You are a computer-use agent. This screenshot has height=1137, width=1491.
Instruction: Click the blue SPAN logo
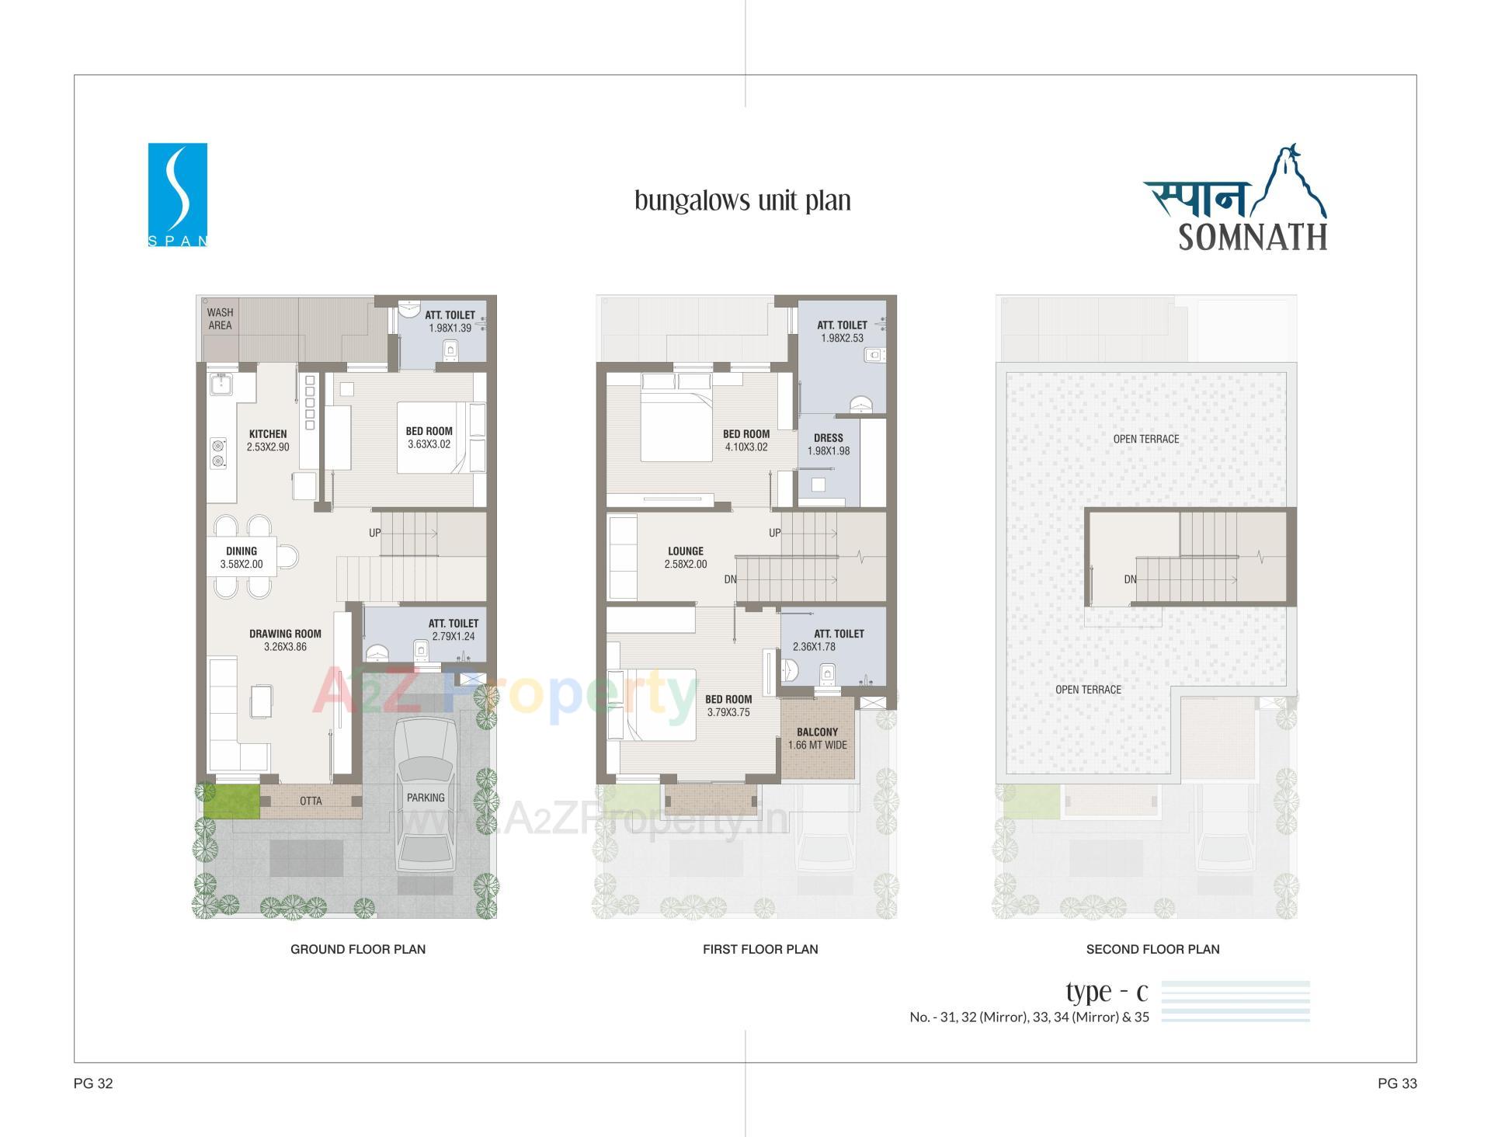pos(177,194)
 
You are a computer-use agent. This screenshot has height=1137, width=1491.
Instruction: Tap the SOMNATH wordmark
pos(1253,237)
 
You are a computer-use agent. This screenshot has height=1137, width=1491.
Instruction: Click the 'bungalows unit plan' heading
pos(742,200)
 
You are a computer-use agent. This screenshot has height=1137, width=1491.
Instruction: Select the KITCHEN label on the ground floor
pos(268,434)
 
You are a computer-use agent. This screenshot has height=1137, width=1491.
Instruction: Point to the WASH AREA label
pos(220,319)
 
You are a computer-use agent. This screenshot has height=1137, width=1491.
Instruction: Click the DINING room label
pos(242,551)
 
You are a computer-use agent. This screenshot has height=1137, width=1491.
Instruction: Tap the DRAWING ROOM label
pos(285,634)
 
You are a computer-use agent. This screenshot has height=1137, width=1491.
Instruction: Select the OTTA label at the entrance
pos(311,801)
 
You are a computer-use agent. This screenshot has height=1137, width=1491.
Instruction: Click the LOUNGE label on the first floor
pos(686,551)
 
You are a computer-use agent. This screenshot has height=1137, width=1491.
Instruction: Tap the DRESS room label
pos(829,438)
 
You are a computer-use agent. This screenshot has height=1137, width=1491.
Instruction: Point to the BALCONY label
pos(817,732)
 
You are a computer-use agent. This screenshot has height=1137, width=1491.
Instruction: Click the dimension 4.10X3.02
pos(745,447)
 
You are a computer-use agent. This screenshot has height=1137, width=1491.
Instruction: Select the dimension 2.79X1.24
pos(454,636)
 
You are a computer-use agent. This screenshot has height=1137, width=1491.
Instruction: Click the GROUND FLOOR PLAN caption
pos(358,949)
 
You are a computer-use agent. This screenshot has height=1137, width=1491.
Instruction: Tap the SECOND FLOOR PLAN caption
pos(1152,949)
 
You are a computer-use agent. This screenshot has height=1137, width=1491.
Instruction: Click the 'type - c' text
pos(1107,993)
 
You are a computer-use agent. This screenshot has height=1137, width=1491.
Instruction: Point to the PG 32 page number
pos(93,1083)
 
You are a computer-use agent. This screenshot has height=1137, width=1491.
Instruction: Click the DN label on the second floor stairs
pos(1130,579)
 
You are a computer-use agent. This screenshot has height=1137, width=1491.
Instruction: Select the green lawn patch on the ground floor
pos(231,801)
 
